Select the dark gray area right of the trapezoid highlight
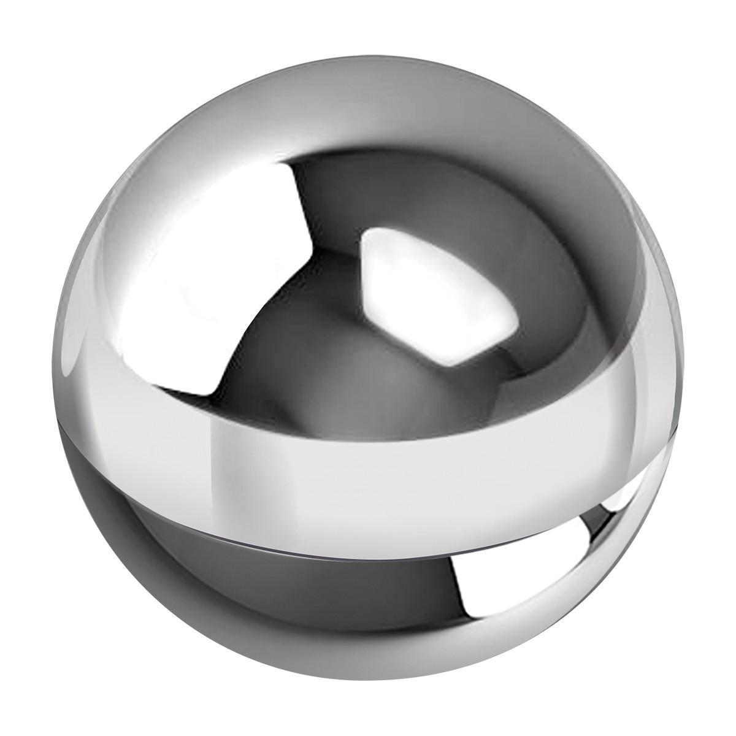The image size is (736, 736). click(x=552, y=294)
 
